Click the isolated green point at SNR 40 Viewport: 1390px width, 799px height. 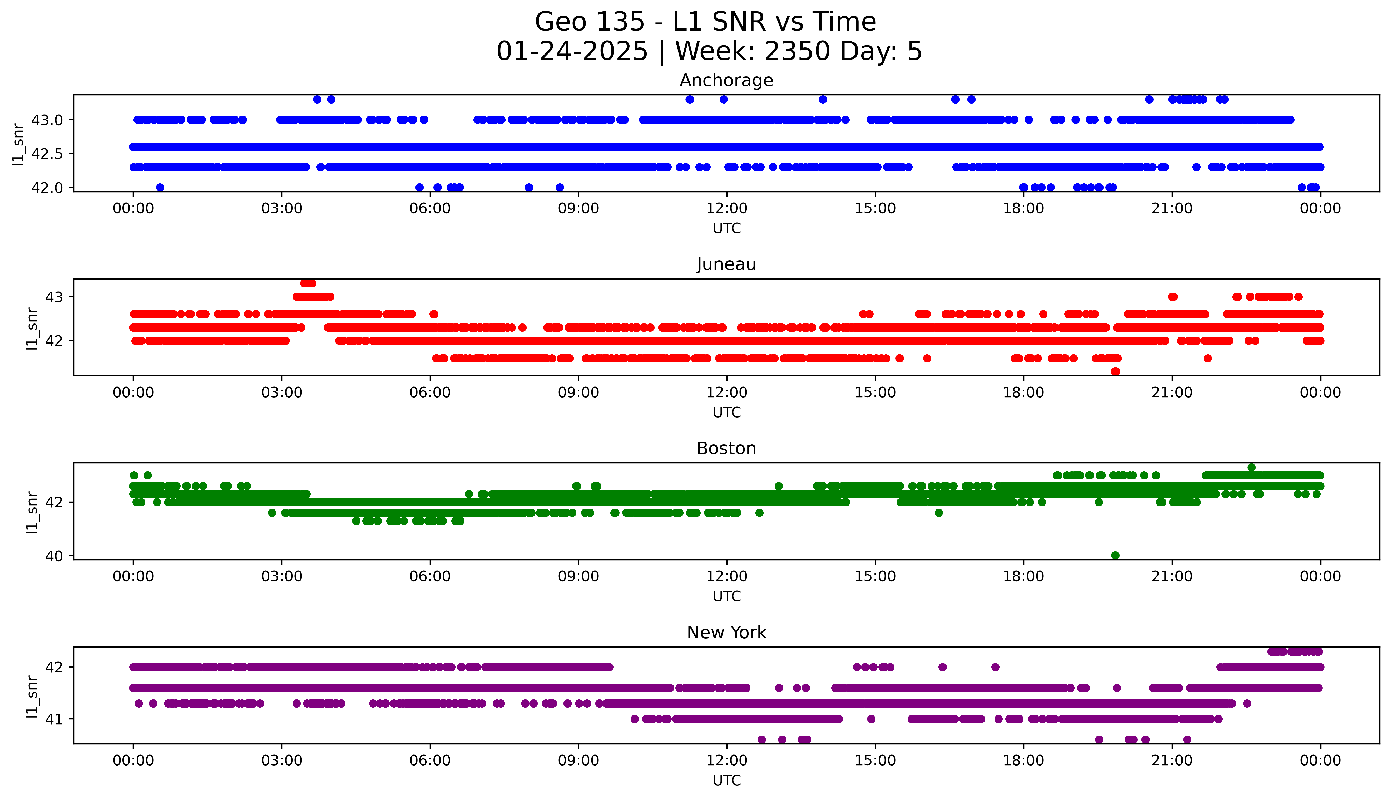[1115, 555]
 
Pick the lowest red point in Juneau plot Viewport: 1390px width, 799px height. [1115, 371]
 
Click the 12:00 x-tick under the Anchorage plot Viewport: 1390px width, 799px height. [726, 209]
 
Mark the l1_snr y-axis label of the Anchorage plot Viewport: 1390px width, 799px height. [18, 144]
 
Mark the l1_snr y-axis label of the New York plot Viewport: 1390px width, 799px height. [32, 697]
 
